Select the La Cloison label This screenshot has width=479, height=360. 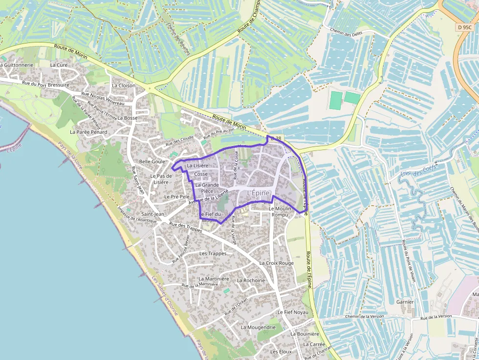tap(124, 85)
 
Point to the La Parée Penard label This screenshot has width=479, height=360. tap(88, 132)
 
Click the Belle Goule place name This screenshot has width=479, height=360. tap(152, 161)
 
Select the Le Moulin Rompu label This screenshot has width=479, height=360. tap(280, 212)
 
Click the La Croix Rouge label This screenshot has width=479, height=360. tap(276, 263)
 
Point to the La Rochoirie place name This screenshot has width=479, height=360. tap(251, 280)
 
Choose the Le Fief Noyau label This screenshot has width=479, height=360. tap(293, 312)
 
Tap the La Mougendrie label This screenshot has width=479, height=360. tap(258, 327)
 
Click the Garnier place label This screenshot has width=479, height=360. tap(405, 302)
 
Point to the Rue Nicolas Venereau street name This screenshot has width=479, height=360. tap(103, 99)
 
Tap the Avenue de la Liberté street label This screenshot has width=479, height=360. tap(208, 198)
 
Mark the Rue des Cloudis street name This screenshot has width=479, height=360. tap(179, 141)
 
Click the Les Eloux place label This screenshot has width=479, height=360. tap(281, 352)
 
